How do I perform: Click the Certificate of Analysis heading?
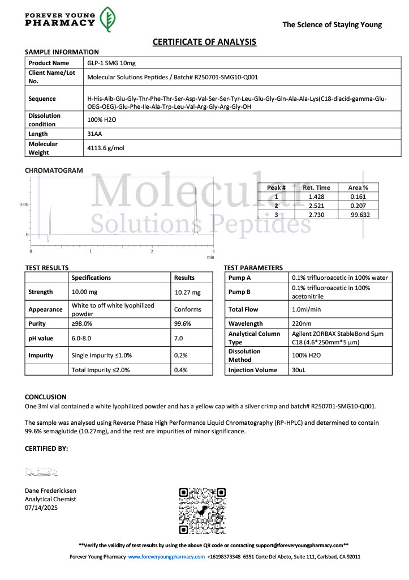click(204, 42)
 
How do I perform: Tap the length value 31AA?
click(94, 134)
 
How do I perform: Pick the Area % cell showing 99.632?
click(359, 215)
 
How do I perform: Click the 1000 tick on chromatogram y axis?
click(24, 204)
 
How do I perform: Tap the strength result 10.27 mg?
click(188, 292)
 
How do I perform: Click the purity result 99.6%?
click(184, 323)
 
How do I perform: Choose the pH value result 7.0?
click(179, 338)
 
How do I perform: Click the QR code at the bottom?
click(203, 510)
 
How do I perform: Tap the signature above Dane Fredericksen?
click(42, 472)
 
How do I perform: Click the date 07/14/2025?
click(41, 507)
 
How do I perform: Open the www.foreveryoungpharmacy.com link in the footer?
click(166, 557)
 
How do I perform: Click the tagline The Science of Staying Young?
click(332, 24)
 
